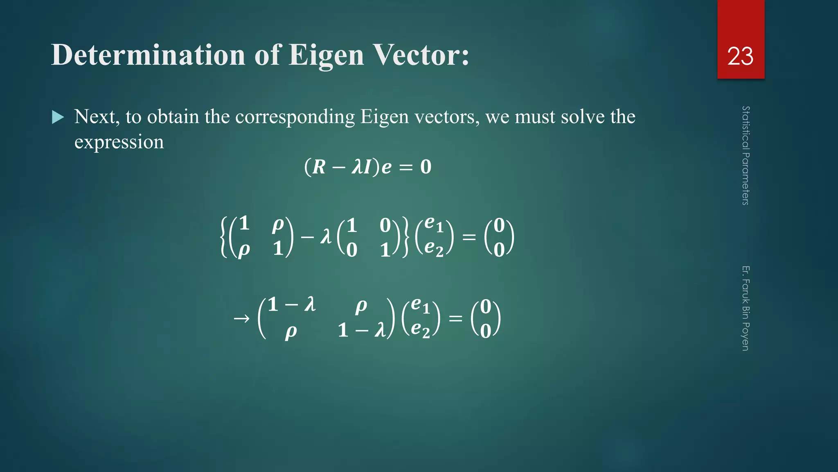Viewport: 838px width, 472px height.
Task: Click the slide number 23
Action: [740, 57]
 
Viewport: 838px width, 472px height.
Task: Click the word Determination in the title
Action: [148, 55]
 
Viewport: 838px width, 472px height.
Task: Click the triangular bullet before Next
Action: [58, 118]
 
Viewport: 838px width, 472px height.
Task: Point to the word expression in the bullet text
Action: [119, 142]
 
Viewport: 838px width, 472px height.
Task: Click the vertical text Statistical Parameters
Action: [746, 156]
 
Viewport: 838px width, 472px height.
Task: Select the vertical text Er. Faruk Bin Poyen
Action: [746, 308]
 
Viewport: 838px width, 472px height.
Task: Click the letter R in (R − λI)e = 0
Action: [319, 167]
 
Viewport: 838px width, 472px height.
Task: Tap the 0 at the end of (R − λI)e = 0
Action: [426, 167]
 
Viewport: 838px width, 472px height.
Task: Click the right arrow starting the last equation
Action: [241, 318]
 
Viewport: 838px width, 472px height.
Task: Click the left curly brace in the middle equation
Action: [223, 237]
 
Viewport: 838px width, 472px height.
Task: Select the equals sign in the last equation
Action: [455, 318]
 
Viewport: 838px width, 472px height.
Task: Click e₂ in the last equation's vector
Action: [420, 330]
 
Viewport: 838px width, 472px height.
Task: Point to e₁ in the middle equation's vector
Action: [434, 225]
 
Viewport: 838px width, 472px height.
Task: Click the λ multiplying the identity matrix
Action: [326, 236]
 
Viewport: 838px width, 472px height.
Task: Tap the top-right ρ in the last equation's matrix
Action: [361, 306]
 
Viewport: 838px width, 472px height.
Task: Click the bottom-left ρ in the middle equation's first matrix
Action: [244, 250]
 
